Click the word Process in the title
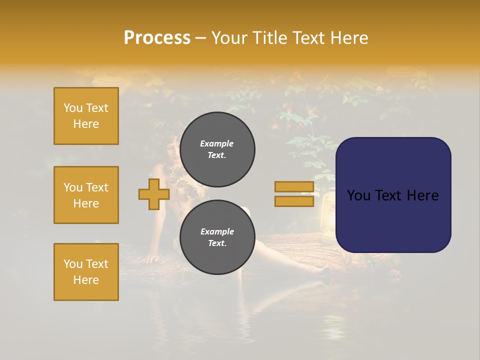pos(157,38)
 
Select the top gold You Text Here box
pos(86,116)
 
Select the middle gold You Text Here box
pos(86,195)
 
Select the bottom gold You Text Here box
pos(86,272)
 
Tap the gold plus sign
pos(153,194)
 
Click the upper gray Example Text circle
pos(217,149)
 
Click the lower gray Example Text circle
pos(217,237)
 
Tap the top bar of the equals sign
pos(294,186)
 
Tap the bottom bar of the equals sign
pos(294,201)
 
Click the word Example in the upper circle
pos(217,143)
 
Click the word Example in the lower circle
pos(217,231)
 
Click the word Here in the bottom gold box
pos(86,280)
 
